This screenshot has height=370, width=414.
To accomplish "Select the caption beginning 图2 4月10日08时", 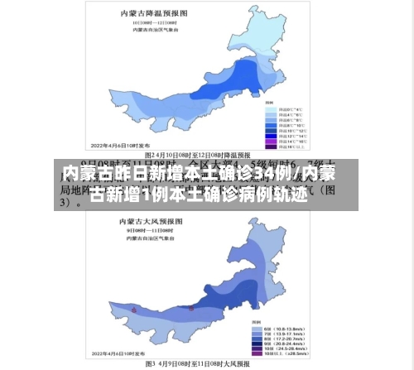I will tap(207, 155).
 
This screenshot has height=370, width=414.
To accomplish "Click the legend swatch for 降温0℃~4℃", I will tap(271, 109).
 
